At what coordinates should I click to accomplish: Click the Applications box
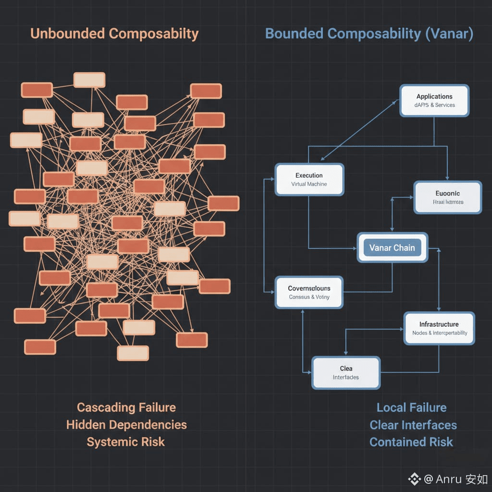434,100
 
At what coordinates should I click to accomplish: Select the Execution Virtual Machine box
309,179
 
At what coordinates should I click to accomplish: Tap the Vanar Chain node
392,248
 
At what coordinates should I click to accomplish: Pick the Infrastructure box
439,328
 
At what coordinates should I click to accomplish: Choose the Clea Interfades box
346,372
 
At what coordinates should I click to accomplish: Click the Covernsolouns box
309,292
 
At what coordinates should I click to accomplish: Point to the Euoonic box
447,197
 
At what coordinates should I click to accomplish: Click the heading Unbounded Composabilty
114,34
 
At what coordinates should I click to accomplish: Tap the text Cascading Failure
126,407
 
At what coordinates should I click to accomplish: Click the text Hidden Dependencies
126,425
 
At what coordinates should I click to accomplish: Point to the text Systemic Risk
126,442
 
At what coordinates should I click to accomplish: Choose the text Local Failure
411,407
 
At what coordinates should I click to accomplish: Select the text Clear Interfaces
413,425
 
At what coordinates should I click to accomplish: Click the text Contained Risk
411,442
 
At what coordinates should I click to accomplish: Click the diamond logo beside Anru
414,479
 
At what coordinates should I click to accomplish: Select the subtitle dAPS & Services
434,105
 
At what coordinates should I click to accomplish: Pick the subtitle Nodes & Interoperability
440,333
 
